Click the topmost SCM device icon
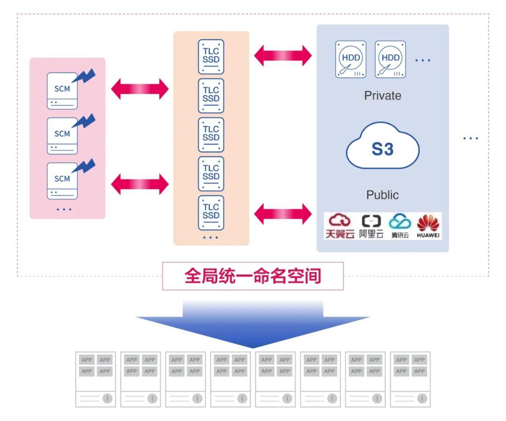(x=62, y=90)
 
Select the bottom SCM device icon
(x=62, y=180)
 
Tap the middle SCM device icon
(x=62, y=135)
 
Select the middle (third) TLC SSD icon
(x=211, y=134)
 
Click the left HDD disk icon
(x=351, y=59)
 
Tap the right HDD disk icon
(x=390, y=59)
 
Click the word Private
(x=383, y=96)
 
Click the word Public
(x=383, y=195)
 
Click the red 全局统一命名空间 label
(x=253, y=276)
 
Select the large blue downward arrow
(x=253, y=323)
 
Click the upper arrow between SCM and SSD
(x=140, y=89)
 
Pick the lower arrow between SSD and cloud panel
(x=283, y=214)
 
